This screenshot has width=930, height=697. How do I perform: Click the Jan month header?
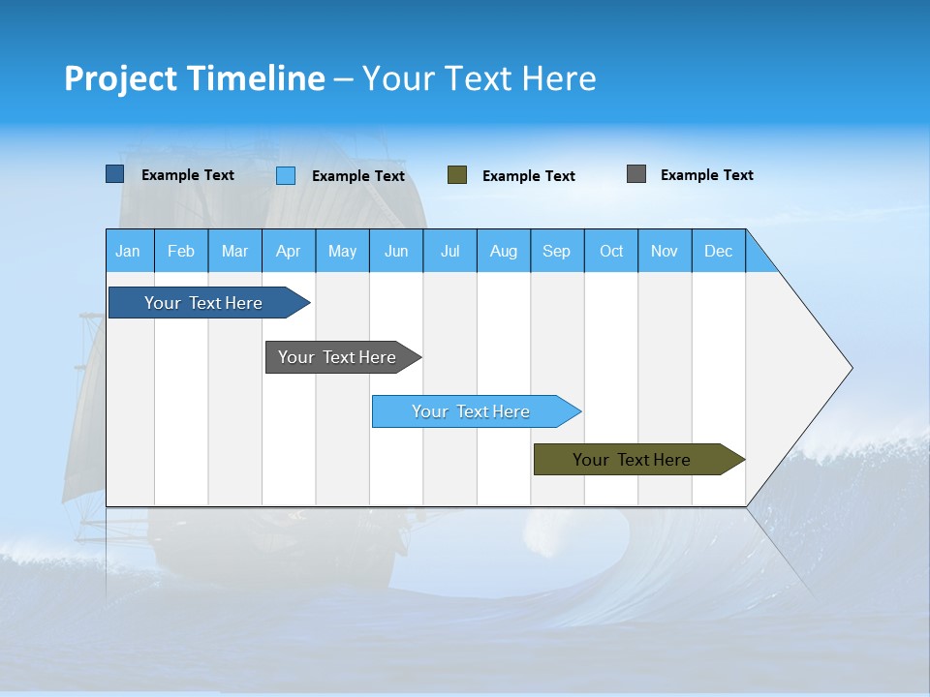pos(129,251)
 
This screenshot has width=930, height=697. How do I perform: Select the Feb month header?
pos(181,251)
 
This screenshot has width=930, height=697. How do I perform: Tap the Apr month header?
pos(289,251)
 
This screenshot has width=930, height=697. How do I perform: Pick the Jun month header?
pos(396,251)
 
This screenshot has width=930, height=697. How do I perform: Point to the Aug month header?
pos(504,251)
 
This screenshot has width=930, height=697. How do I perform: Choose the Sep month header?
pos(557,251)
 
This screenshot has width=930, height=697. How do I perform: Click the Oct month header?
pos(611,251)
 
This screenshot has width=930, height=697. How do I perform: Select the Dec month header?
pos(719,251)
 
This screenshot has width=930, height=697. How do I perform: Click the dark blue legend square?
pos(114,174)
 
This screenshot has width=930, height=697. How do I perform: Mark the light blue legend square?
pos(286,175)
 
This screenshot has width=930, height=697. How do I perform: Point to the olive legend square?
pos(457,175)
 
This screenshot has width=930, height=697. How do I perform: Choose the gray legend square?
pos(636,174)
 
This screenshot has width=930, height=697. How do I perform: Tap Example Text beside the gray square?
pos(706,175)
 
